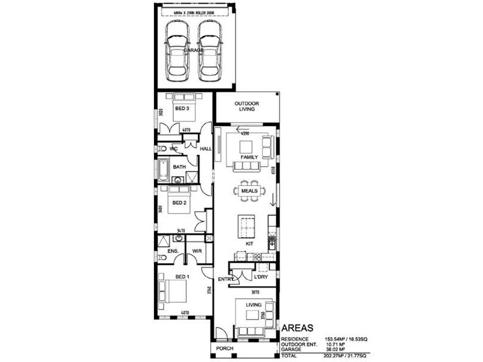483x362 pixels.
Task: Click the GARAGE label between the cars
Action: tap(193, 50)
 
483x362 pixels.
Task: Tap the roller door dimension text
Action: tap(194, 11)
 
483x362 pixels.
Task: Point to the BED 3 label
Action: tap(182, 109)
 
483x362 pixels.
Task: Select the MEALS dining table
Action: tap(249, 191)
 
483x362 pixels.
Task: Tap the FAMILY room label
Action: tap(249, 157)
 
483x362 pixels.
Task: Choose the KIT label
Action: tap(249, 244)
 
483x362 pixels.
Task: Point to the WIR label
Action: tap(196, 250)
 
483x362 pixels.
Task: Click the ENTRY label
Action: tap(226, 279)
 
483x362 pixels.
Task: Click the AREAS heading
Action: tap(298, 328)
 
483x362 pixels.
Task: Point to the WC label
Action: tap(173, 148)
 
